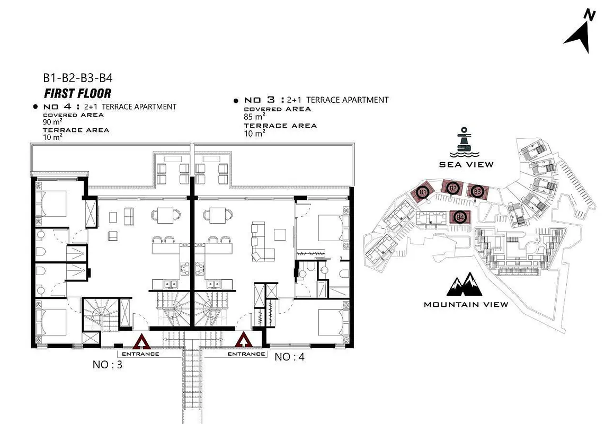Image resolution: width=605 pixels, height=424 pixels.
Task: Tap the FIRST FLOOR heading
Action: point(77,93)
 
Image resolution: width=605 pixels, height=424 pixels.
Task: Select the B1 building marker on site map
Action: point(423,192)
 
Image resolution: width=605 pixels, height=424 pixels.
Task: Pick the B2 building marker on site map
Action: point(453,188)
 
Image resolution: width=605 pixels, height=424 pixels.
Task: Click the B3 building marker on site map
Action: point(478,191)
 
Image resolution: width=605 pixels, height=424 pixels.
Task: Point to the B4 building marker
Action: point(460,217)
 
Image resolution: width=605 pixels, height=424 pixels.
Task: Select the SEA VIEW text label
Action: point(466,164)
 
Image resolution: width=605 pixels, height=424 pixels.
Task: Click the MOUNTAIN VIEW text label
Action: point(466,304)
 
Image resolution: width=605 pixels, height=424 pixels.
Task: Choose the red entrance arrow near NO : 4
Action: point(244,340)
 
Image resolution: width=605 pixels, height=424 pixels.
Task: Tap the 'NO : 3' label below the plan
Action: point(107,365)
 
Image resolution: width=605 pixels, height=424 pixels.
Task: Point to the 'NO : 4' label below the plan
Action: point(289,357)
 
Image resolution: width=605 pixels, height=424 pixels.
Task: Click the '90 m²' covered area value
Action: point(52,122)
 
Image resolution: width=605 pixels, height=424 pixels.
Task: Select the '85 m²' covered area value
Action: point(254,116)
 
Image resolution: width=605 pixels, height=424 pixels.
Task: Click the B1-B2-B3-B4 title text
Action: point(77,78)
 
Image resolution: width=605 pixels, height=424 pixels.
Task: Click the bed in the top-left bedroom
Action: point(51,204)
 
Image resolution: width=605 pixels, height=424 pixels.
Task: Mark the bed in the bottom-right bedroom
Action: point(333,322)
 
